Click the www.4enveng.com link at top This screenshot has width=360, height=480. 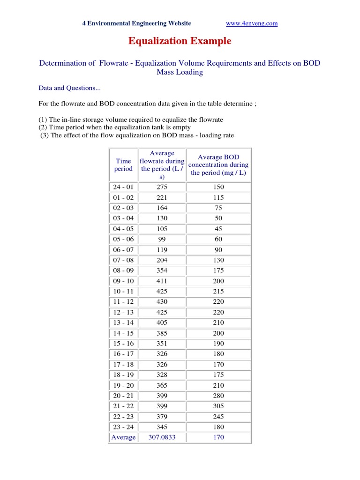pyautogui.click(x=252, y=23)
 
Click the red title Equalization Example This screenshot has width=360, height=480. pyautogui.click(x=180, y=41)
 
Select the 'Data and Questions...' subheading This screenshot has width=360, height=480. pyautogui.click(x=69, y=88)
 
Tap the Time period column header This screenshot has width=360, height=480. pyautogui.click(x=123, y=165)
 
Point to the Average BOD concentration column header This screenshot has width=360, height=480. pyautogui.click(x=218, y=165)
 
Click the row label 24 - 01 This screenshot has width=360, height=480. pyautogui.click(x=123, y=187)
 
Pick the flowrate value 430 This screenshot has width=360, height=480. pyautogui.click(x=162, y=302)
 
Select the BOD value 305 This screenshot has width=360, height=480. pyautogui.click(x=218, y=406)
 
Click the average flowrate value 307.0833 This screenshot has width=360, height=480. pyautogui.click(x=162, y=437)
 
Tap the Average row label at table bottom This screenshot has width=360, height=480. pyautogui.click(x=123, y=437)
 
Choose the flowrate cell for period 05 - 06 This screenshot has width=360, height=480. pyautogui.click(x=162, y=240)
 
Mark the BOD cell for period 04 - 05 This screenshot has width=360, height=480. pyautogui.click(x=218, y=229)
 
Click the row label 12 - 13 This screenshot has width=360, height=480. pyautogui.click(x=123, y=312)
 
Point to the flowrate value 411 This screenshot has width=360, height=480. pyautogui.click(x=162, y=281)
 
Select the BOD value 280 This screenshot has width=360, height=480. pyautogui.click(x=218, y=396)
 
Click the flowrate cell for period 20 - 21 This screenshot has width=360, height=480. pyautogui.click(x=162, y=396)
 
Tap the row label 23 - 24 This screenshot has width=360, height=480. pyautogui.click(x=123, y=427)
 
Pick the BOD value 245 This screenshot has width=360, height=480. pyautogui.click(x=218, y=417)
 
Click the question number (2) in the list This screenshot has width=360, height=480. pyautogui.click(x=43, y=127)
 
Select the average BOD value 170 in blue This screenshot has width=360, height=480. pyautogui.click(x=218, y=437)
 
